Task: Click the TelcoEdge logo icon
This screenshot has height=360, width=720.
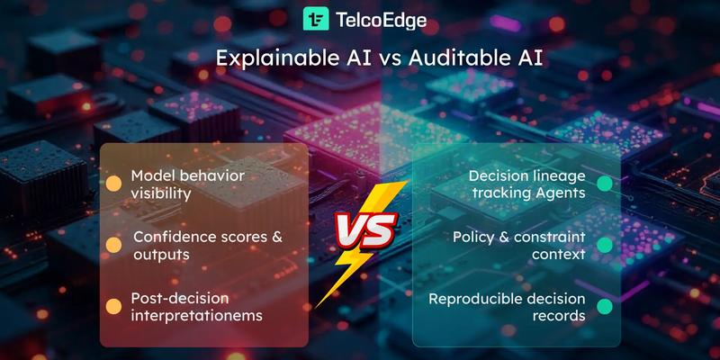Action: click(x=316, y=19)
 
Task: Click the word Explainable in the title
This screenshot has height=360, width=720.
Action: click(x=267, y=58)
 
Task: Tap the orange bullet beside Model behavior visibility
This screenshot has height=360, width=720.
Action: click(x=114, y=184)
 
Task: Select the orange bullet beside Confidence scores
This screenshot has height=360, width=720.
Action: click(x=114, y=245)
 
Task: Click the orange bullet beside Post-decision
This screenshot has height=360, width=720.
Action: click(x=114, y=306)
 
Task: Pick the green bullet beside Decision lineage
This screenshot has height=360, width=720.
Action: click(x=605, y=184)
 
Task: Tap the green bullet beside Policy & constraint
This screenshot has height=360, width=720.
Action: click(x=605, y=245)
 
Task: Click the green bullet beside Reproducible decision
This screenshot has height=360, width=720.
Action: click(x=605, y=306)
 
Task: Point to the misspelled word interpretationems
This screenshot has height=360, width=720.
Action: click(x=195, y=315)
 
